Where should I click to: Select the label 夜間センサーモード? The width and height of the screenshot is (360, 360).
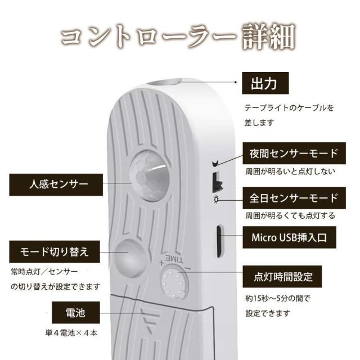pyautogui.click(x=294, y=153)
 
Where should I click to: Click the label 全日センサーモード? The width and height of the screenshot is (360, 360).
pyautogui.click(x=294, y=198)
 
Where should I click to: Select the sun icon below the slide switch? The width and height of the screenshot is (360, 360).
pyautogui.click(x=216, y=201)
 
